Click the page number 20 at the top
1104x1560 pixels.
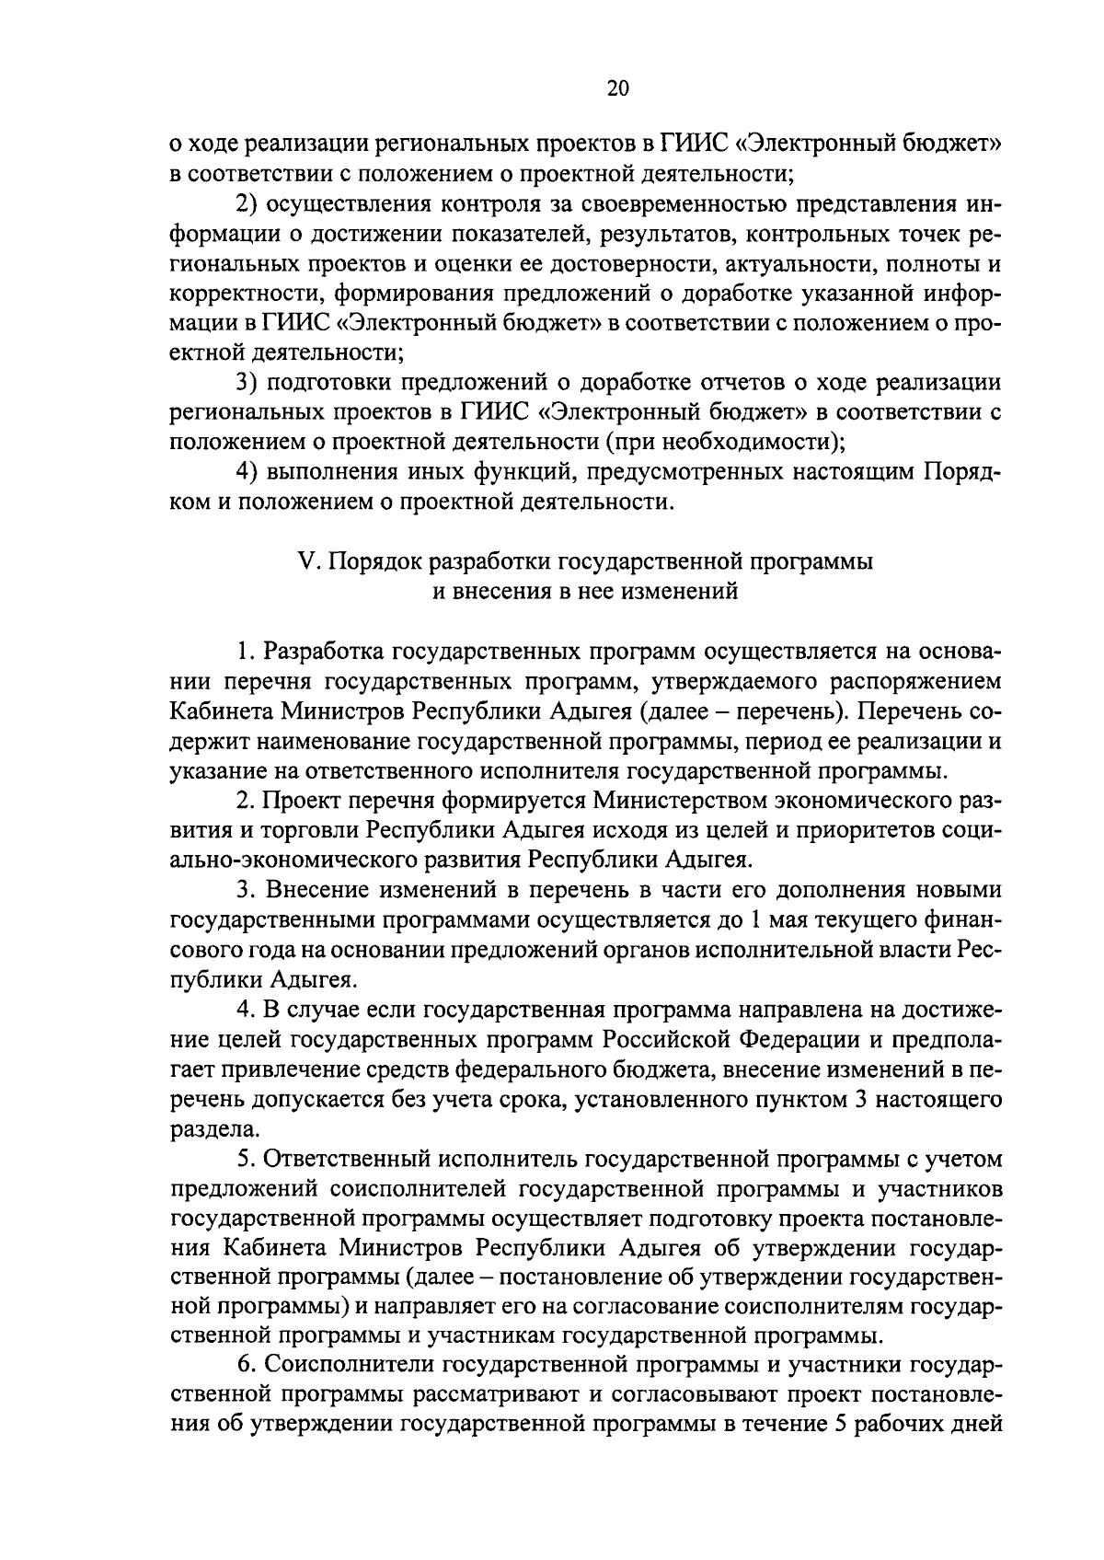click(x=617, y=89)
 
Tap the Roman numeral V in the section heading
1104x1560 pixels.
click(x=307, y=561)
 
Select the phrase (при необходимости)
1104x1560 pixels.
click(x=724, y=442)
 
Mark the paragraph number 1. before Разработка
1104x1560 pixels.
click(x=245, y=652)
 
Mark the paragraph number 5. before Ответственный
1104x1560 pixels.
click(x=245, y=1159)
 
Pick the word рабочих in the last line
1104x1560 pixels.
click(x=897, y=1427)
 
